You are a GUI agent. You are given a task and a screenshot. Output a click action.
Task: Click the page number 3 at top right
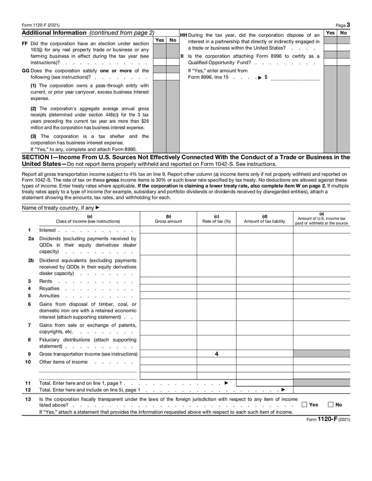[x=348, y=25]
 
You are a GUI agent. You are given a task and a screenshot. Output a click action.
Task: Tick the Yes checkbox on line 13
[x=304, y=404]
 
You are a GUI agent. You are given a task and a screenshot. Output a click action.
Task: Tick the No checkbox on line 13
[x=331, y=404]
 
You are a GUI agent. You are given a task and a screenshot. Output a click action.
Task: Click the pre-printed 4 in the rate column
[x=216, y=354]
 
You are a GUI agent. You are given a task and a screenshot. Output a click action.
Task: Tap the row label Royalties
[x=49, y=288]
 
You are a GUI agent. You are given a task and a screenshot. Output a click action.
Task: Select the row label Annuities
[x=49, y=296]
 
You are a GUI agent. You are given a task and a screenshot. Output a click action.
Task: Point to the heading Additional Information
[x=54, y=33]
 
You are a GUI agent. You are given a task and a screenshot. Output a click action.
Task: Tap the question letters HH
[x=183, y=35]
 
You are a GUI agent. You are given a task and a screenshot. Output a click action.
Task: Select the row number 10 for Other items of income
[x=28, y=362]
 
